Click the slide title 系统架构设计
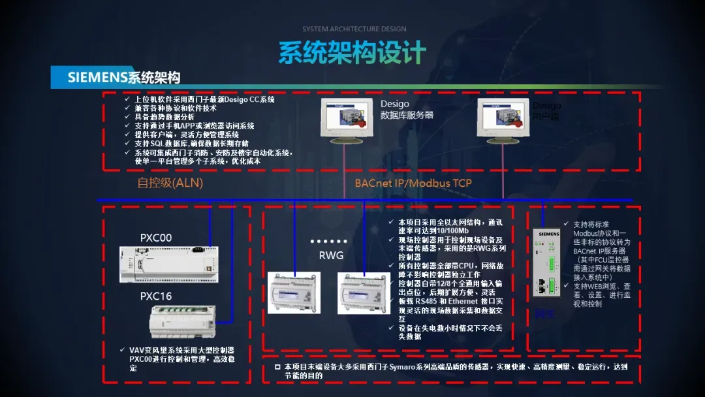pos(352,53)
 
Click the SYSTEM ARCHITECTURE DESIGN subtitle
pos(354,29)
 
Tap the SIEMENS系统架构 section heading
pos(124,78)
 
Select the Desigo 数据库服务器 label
pos(407,110)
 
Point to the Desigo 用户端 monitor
pos(503,119)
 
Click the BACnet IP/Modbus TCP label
pos(413,183)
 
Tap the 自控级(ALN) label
pos(170,183)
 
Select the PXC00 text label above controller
pos(156,238)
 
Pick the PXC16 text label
pos(156,296)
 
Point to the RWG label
pos(331,255)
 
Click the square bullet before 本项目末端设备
pos(277,368)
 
